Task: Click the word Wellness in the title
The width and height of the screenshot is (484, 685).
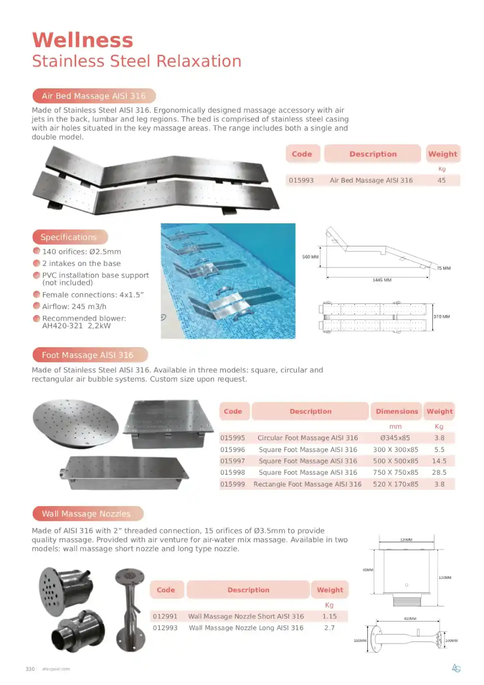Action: point(82,40)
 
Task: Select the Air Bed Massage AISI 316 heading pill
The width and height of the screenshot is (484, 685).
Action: point(93,96)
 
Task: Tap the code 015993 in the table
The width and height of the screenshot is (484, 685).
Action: point(301,180)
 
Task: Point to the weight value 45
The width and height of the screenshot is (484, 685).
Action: point(441,180)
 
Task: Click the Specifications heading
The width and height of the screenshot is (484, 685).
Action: point(69,237)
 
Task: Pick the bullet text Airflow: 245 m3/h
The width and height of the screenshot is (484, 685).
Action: point(74,306)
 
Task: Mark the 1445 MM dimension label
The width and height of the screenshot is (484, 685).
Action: point(382,280)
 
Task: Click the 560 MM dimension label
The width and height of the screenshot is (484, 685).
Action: point(310,257)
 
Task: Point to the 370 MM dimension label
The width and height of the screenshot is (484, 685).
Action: point(441,316)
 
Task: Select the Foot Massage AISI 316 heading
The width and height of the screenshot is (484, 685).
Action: point(88,355)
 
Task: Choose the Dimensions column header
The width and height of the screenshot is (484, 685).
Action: point(396,411)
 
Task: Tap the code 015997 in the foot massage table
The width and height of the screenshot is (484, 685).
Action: point(232,461)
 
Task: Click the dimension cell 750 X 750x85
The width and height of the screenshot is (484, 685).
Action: point(395,472)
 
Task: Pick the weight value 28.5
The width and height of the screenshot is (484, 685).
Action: point(439,472)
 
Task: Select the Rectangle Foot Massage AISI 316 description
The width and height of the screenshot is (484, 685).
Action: point(307,484)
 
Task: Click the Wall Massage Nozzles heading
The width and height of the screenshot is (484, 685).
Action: point(86,514)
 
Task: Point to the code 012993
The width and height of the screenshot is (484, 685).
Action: point(165,627)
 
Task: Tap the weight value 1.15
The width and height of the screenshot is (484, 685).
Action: point(329,616)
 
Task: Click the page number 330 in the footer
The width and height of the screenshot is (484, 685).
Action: point(30,669)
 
